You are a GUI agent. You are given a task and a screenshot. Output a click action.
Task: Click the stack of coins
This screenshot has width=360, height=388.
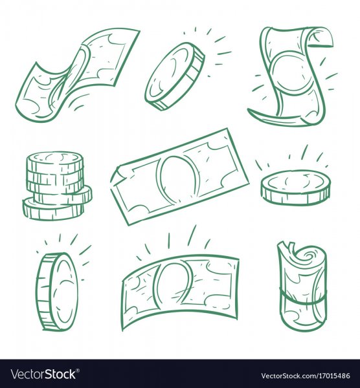coord(57,186)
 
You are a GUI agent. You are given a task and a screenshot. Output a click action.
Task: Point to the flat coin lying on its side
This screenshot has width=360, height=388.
coord(296,188)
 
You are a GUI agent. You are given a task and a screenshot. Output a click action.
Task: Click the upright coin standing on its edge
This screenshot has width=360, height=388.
coord(57,292)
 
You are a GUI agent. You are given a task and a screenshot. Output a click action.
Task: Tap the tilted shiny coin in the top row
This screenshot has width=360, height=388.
coord(175,76)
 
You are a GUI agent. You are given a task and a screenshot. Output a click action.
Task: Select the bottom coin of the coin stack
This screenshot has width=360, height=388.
coord(52,209)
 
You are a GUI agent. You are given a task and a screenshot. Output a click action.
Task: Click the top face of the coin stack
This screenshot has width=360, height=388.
coord(56,158)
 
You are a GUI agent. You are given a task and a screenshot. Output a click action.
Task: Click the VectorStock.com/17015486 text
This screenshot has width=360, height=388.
coord(306,376)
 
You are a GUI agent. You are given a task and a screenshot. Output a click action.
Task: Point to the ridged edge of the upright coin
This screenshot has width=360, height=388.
coord(45,292)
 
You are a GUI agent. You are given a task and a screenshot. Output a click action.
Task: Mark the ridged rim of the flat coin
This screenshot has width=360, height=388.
coord(296,197)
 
